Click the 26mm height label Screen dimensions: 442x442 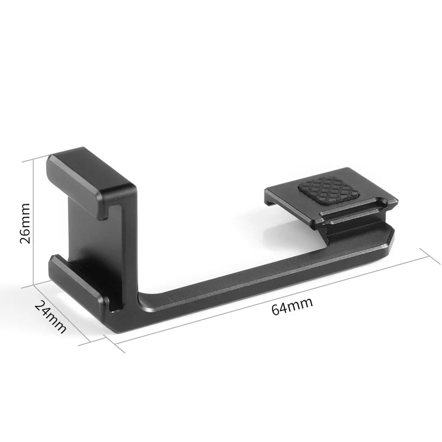point(25,223)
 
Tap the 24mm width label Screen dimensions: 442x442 point(51,316)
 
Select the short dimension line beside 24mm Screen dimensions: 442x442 point(62,314)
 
